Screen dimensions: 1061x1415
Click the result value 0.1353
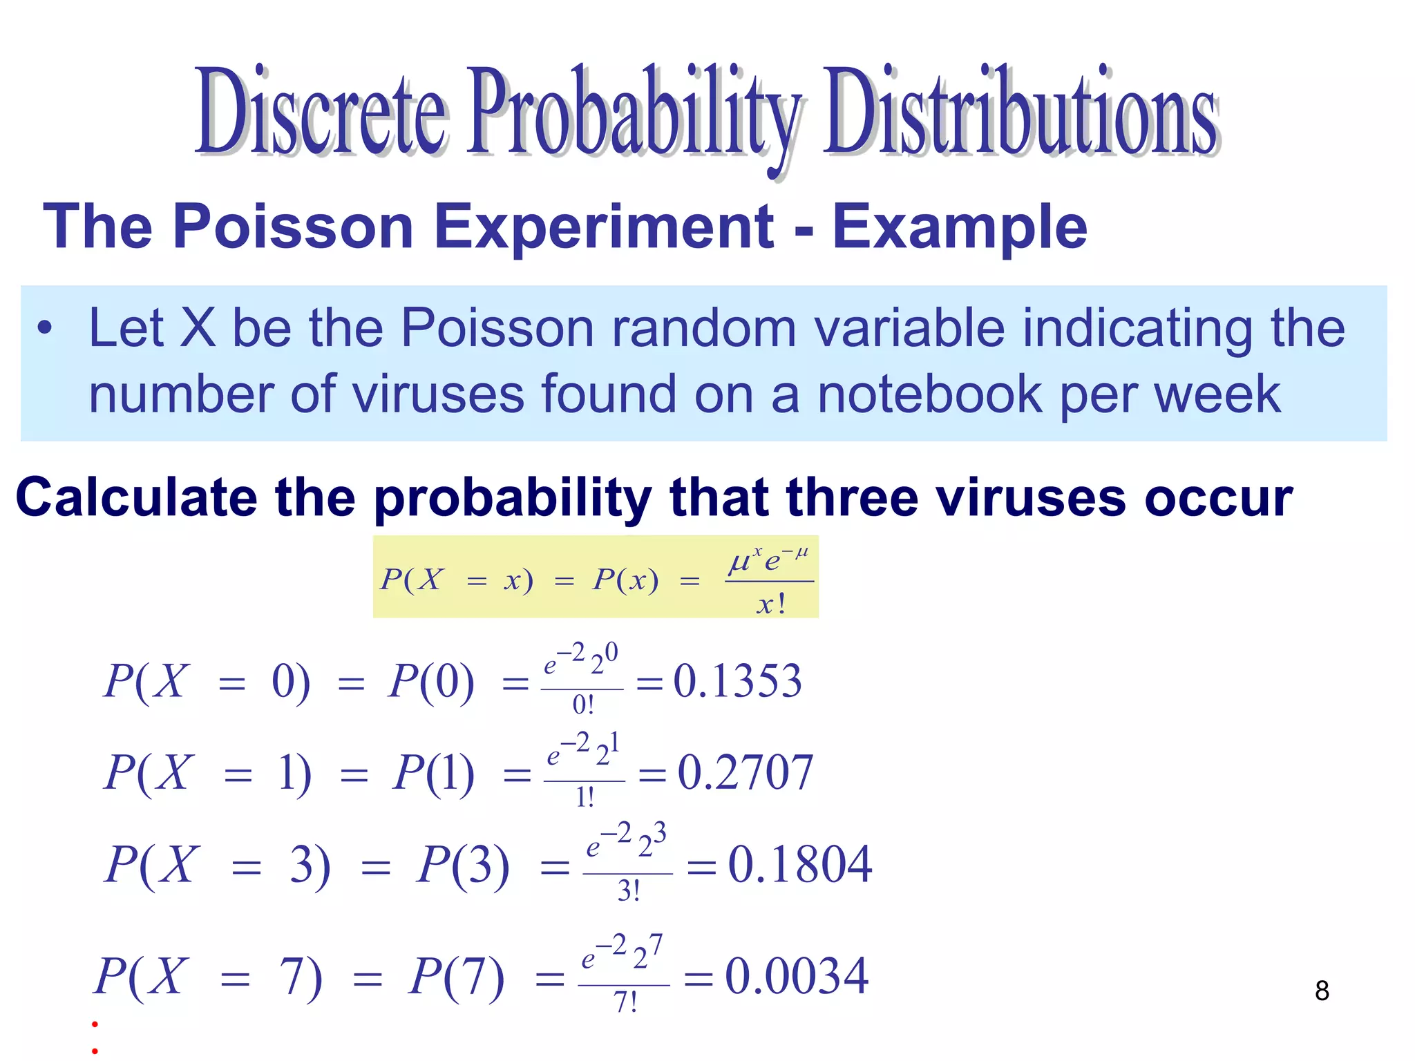(737, 681)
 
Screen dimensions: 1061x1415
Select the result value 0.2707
(745, 772)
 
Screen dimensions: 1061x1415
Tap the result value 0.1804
(799, 864)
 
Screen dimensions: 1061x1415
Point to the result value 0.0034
(796, 976)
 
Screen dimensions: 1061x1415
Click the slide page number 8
(1322, 991)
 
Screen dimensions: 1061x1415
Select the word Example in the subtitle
(959, 228)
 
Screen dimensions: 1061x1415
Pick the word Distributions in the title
(1020, 111)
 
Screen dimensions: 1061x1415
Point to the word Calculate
(136, 497)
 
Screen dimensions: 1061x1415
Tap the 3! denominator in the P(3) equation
(628, 891)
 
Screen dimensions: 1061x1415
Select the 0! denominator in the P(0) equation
(582, 705)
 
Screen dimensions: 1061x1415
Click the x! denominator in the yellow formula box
(770, 605)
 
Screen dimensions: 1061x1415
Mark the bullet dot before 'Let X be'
(45, 329)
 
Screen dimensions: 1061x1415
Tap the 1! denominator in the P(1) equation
(585, 798)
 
